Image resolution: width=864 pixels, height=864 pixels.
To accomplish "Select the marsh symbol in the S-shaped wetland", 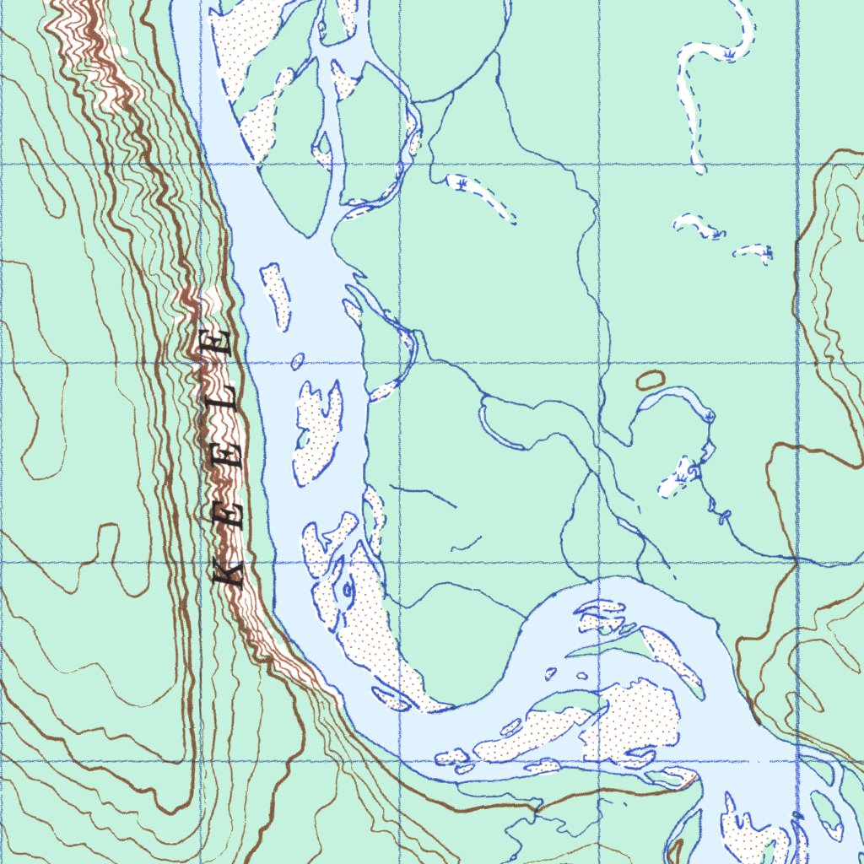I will [726, 54].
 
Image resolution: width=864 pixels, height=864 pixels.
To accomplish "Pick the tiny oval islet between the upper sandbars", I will [297, 362].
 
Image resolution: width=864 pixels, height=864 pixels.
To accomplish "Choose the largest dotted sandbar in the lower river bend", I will [633, 721].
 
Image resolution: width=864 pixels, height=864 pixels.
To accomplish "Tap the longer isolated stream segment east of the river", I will [422, 496].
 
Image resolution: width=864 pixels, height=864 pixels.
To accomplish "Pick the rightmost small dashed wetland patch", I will [753, 251].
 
